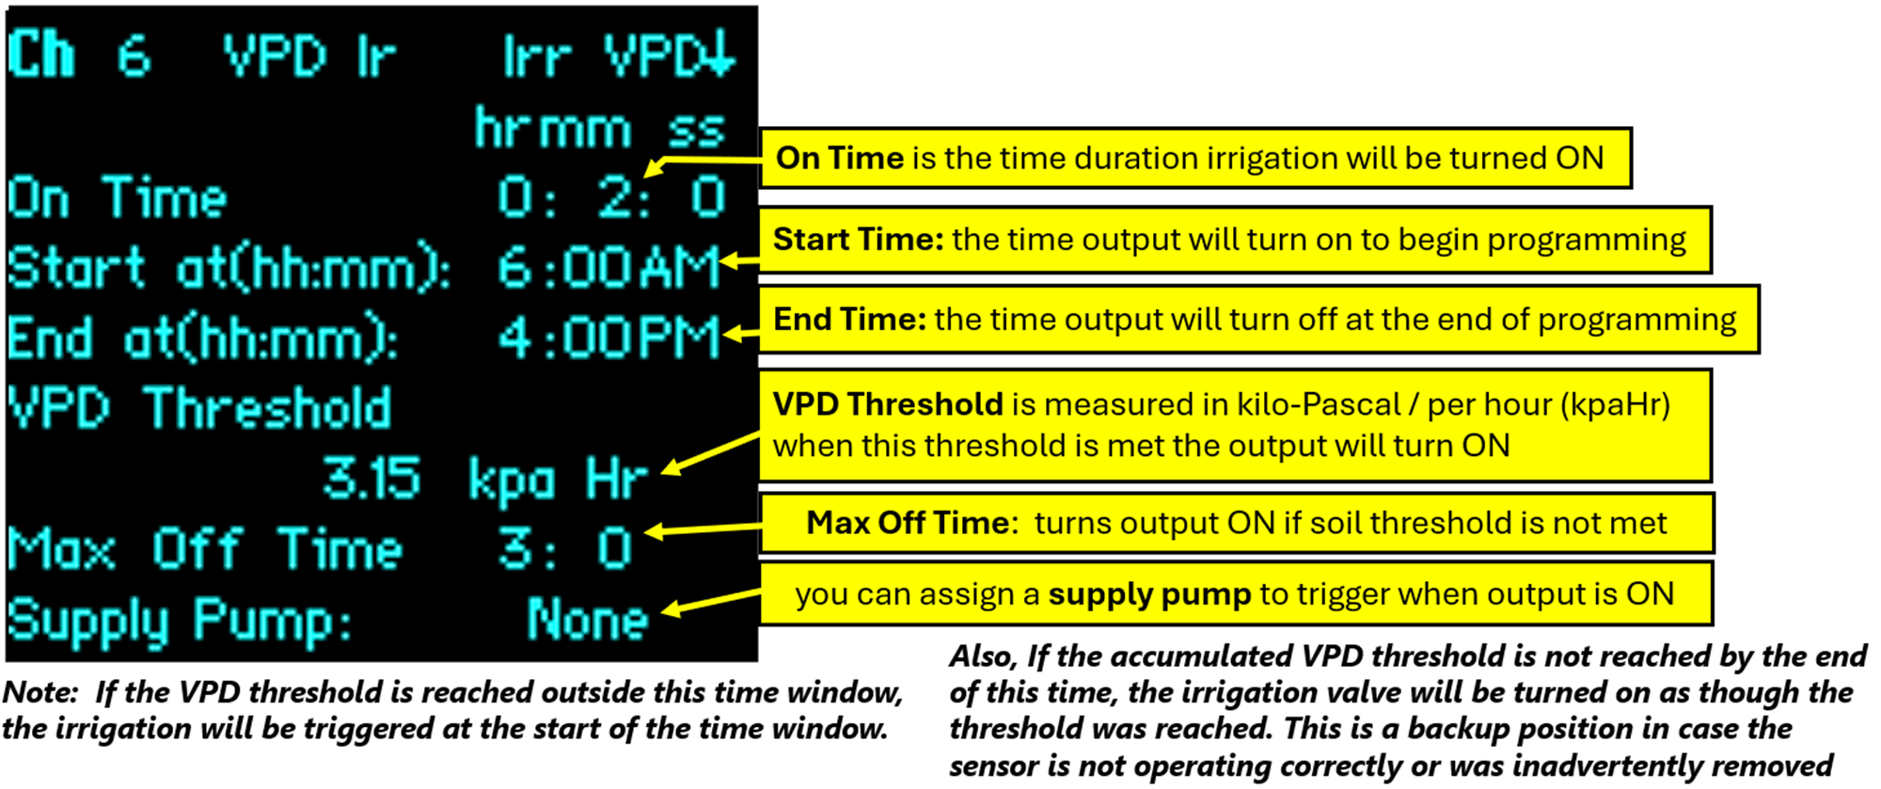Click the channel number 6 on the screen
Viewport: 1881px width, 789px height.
coord(134,56)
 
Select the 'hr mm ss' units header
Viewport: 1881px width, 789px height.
coord(600,128)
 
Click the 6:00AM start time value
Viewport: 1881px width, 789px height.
coord(609,267)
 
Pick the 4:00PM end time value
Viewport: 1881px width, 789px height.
coord(609,338)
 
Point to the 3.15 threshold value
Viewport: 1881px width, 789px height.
coord(371,478)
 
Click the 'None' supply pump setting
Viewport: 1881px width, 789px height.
coord(588,619)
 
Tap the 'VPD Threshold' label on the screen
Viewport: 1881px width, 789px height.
coord(199,408)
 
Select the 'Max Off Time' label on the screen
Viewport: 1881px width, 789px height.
coord(205,548)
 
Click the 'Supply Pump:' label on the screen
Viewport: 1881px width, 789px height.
coord(180,621)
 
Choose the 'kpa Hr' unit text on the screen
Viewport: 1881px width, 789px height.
coord(559,480)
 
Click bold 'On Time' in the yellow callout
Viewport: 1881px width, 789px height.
coord(839,158)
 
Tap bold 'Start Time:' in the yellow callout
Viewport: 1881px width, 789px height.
coord(858,239)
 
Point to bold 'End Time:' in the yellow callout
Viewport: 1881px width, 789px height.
coord(849,320)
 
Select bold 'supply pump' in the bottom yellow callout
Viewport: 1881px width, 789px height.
coord(1149,595)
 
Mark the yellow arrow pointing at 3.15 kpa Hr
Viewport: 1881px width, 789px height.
coord(711,453)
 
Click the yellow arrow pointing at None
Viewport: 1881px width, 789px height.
coord(711,602)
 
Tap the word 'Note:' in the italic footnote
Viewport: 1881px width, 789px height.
coord(40,693)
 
